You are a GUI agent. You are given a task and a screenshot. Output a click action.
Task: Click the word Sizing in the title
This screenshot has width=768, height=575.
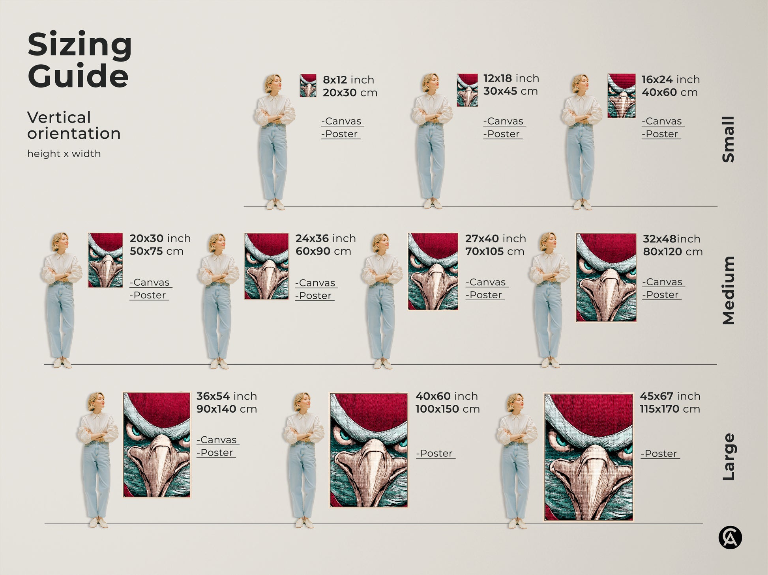[x=79, y=45]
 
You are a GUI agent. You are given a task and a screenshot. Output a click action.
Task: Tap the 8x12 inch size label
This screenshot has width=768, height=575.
[x=348, y=80]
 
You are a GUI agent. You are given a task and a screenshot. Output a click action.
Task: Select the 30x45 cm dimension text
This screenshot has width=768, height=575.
[x=510, y=91]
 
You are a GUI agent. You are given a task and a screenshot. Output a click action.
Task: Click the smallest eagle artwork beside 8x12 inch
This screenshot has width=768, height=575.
[x=308, y=86]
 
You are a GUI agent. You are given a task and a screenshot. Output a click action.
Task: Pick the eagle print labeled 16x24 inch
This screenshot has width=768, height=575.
[x=621, y=96]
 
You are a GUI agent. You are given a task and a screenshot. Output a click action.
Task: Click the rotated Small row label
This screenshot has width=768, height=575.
[x=728, y=139]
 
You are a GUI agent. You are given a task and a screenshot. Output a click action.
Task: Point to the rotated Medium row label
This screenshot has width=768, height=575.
[x=728, y=290]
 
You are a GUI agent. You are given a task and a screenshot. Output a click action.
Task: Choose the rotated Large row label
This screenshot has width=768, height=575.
[x=728, y=457]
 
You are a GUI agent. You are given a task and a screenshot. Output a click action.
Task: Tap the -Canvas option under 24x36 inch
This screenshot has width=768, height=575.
[x=316, y=283]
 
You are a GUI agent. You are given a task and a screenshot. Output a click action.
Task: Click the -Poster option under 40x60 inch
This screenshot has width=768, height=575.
[x=435, y=453]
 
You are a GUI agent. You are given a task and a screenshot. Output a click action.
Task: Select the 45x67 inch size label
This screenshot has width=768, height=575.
[x=670, y=396]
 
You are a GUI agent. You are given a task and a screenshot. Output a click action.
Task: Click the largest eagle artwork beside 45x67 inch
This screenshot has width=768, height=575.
[x=588, y=457]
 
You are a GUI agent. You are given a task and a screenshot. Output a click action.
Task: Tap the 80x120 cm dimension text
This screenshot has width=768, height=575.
[x=672, y=251]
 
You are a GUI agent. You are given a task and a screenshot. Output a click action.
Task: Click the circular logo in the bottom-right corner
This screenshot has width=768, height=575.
[x=730, y=538]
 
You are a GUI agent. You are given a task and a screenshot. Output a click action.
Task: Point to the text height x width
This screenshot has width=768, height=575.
[x=64, y=154]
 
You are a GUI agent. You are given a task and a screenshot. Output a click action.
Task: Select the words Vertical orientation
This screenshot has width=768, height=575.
[x=73, y=125]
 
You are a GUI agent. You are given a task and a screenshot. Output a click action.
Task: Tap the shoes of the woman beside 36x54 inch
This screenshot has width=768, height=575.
[x=98, y=523]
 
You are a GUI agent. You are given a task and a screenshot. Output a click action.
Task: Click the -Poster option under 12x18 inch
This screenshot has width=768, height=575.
[x=502, y=134]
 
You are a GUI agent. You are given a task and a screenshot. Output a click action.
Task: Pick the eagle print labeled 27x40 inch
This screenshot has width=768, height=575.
[x=433, y=271]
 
